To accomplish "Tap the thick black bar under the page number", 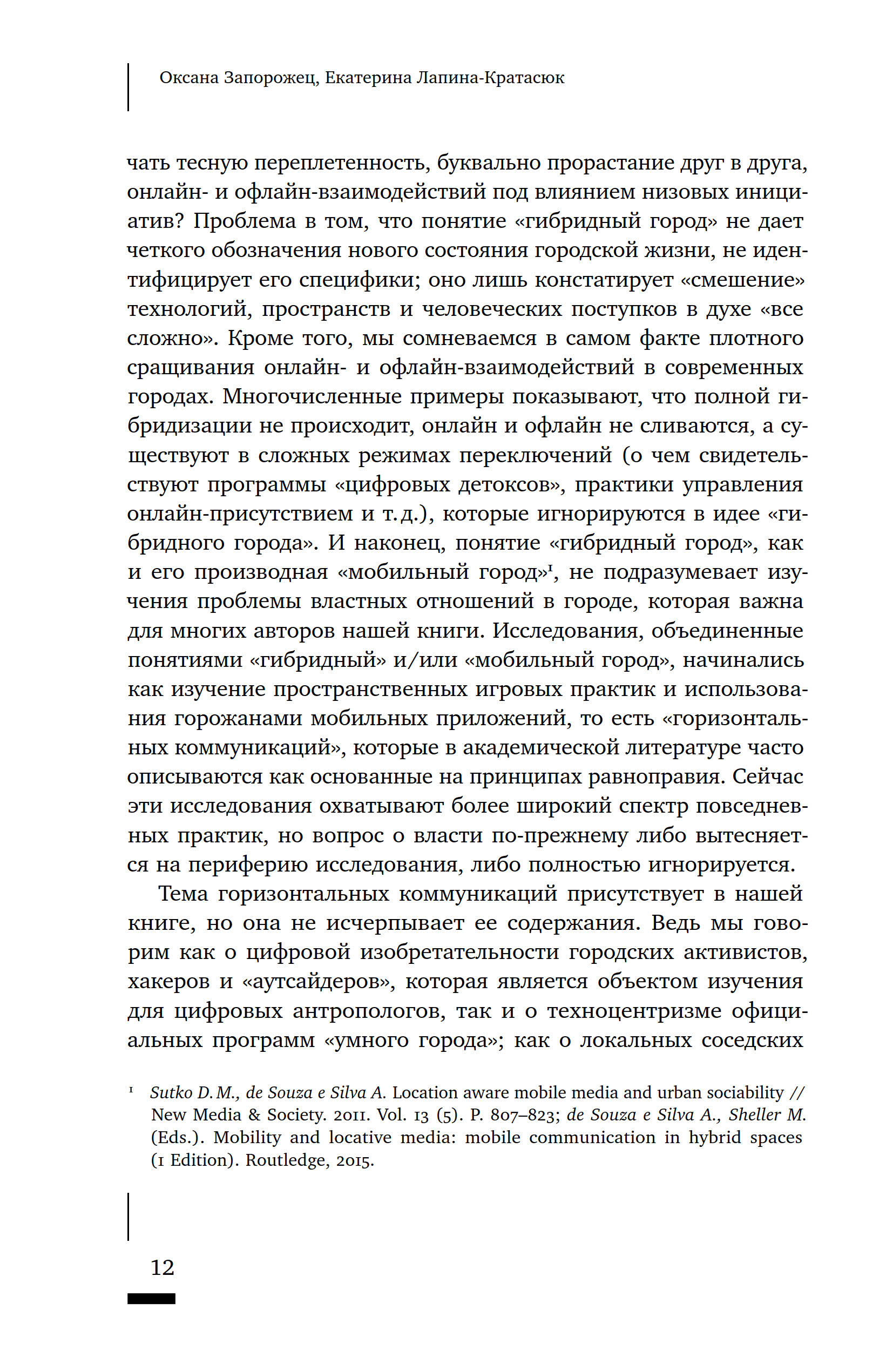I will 151,1299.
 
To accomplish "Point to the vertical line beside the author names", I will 128,87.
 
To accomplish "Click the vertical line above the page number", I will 128,1215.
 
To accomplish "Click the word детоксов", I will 507,484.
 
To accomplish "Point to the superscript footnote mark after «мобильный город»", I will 550,568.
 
